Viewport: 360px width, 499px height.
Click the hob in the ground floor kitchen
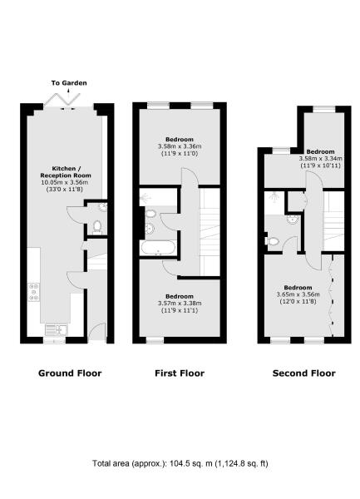coord(35,292)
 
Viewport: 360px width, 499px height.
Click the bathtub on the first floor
coord(158,248)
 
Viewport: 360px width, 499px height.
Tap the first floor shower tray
coord(150,198)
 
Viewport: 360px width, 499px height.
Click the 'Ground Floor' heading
coord(70,373)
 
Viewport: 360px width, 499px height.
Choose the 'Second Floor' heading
coord(304,373)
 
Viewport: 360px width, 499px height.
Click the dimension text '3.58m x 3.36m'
coord(179,148)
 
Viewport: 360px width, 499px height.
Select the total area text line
coord(180,462)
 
